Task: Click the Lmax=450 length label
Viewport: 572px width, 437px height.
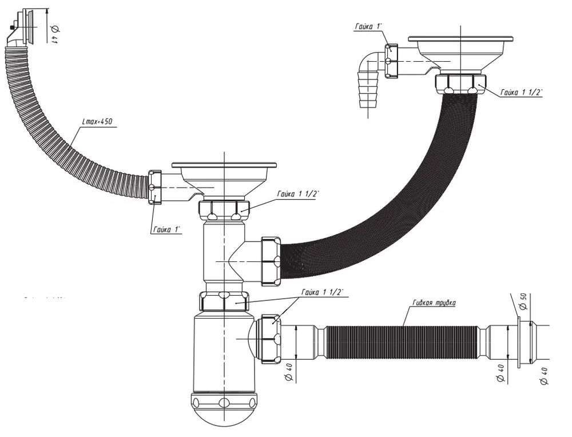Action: point(97,121)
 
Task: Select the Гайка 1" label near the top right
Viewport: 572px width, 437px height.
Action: point(371,26)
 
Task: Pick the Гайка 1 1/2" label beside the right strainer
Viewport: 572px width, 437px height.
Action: point(521,92)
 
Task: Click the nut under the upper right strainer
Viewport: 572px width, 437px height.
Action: point(460,84)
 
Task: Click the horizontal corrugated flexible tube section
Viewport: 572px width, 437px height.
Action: point(400,342)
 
